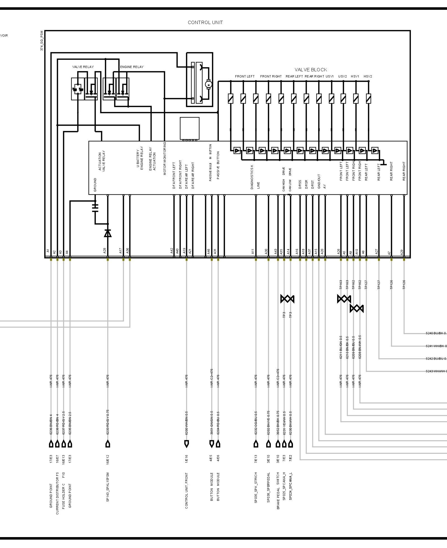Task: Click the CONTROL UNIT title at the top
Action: coord(205,23)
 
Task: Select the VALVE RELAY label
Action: coord(83,67)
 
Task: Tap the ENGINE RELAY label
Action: coord(132,67)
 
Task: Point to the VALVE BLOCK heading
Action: coord(311,70)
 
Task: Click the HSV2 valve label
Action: coord(368,76)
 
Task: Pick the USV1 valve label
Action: coord(330,76)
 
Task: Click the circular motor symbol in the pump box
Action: coord(208,84)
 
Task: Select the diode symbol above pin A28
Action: coord(108,233)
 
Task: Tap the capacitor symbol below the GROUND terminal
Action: coord(95,208)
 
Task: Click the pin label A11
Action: coord(253,251)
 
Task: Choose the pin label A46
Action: coord(209,251)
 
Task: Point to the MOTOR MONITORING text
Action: coord(165,158)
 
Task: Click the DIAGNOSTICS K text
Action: coord(252,177)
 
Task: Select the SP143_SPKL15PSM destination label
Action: coord(108,487)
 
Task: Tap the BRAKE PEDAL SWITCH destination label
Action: coord(278,490)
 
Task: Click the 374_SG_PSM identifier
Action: coord(42,41)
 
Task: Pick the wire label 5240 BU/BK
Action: coord(436,333)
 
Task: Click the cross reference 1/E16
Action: coord(186,458)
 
